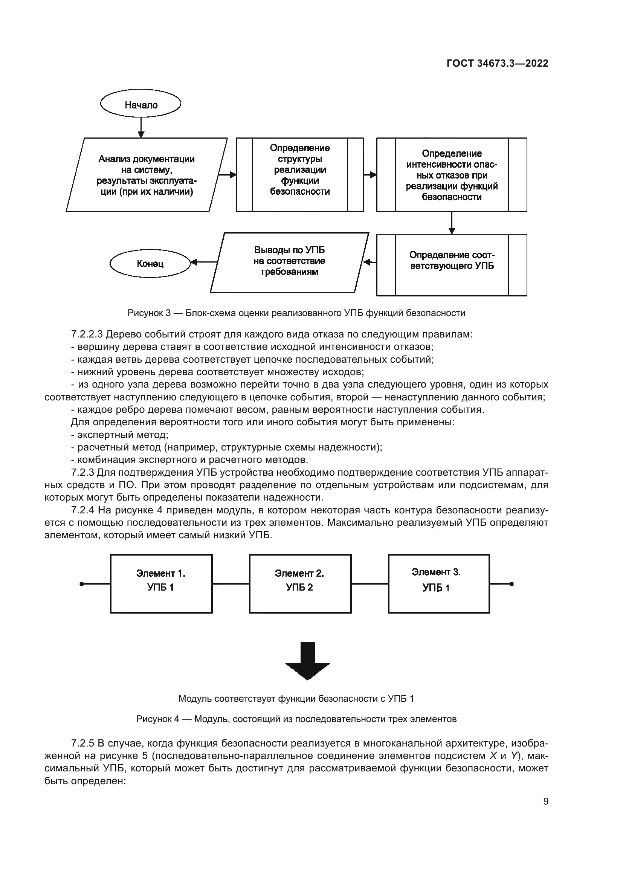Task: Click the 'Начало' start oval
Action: click(x=140, y=104)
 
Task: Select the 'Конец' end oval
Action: click(x=150, y=264)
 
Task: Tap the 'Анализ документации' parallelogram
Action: click(x=147, y=175)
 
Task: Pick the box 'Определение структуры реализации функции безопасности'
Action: click(x=299, y=175)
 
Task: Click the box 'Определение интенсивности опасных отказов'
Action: click(x=452, y=175)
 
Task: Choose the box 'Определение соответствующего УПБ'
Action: click(x=452, y=265)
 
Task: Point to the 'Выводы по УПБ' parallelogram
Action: click(x=289, y=262)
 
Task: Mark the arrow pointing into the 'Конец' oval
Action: click(x=204, y=263)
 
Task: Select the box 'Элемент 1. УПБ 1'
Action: click(x=161, y=584)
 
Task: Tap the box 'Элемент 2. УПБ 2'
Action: click(x=300, y=584)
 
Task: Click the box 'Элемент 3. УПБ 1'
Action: click(x=439, y=584)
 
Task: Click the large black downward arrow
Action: click(x=307, y=661)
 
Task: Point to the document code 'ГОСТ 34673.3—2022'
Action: click(x=497, y=64)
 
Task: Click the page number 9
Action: click(x=546, y=802)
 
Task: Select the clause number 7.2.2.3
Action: click(x=87, y=334)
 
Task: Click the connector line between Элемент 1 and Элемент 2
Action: click(x=231, y=584)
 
